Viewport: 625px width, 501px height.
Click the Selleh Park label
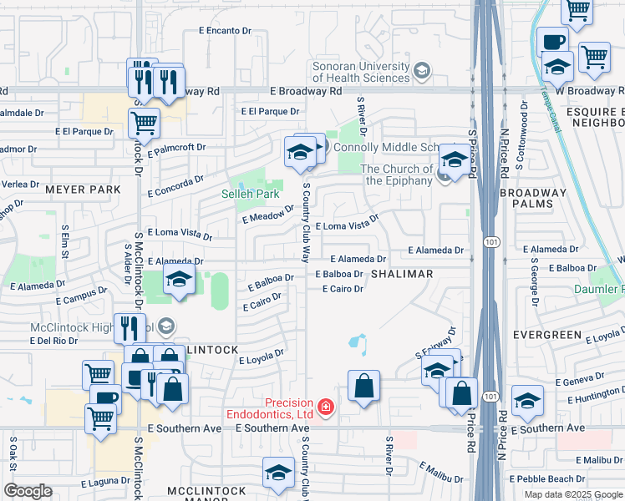[x=250, y=194]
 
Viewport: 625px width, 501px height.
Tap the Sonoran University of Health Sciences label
[x=363, y=72]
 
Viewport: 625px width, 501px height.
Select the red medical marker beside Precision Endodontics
[x=325, y=407]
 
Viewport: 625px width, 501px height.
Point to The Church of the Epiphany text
[x=397, y=175]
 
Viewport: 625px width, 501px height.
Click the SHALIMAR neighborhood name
[x=402, y=274]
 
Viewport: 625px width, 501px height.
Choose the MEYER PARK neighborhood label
[x=83, y=190]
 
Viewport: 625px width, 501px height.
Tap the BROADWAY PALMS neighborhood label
[x=533, y=198]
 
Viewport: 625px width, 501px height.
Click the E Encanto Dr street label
[x=225, y=31]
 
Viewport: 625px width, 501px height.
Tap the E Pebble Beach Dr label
[x=550, y=478]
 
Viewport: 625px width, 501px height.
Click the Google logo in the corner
[x=28, y=491]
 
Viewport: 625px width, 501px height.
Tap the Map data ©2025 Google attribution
[x=572, y=494]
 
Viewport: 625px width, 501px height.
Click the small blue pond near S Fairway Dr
[x=357, y=342]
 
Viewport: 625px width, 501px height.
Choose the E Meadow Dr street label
[x=268, y=215]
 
